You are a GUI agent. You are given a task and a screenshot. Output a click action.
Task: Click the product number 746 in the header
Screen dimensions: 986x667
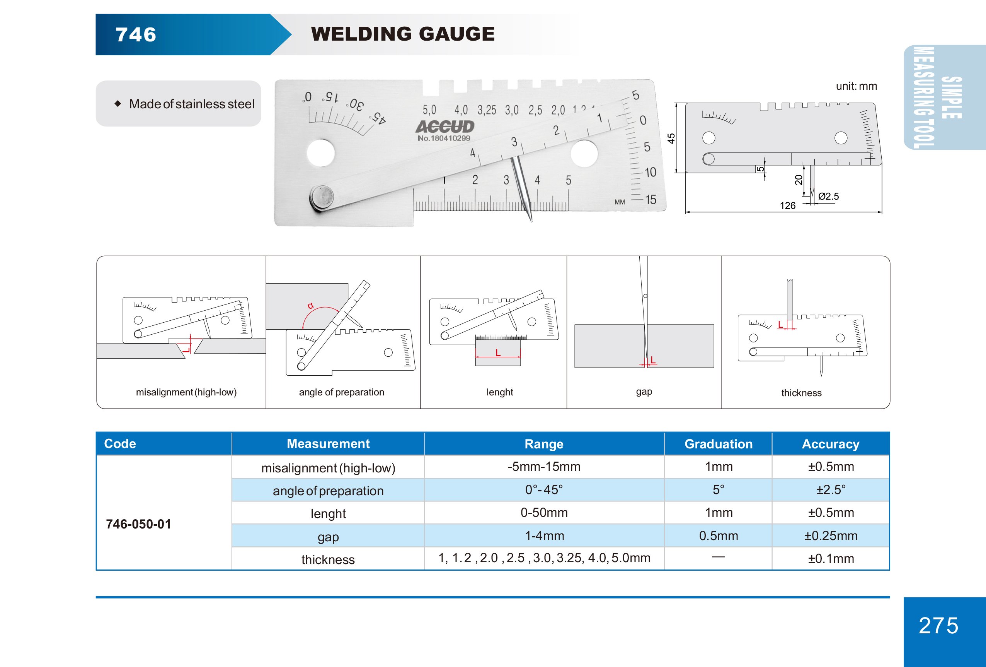(x=136, y=35)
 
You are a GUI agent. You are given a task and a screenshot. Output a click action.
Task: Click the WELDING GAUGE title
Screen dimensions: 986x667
(x=403, y=34)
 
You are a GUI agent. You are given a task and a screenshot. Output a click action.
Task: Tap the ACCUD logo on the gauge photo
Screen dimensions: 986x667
(x=444, y=127)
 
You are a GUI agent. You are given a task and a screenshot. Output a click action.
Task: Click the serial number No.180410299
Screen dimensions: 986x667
(x=444, y=139)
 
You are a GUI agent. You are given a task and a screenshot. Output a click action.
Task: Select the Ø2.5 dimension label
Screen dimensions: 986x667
(x=828, y=196)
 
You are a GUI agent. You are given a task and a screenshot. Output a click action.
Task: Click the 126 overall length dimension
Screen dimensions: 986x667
(x=787, y=206)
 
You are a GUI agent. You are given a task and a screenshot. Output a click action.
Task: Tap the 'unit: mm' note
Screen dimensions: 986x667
(x=856, y=86)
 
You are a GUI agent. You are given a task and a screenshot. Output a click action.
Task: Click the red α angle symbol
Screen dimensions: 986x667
(x=310, y=305)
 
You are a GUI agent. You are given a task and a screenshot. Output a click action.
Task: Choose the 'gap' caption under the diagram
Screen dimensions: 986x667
(x=644, y=392)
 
